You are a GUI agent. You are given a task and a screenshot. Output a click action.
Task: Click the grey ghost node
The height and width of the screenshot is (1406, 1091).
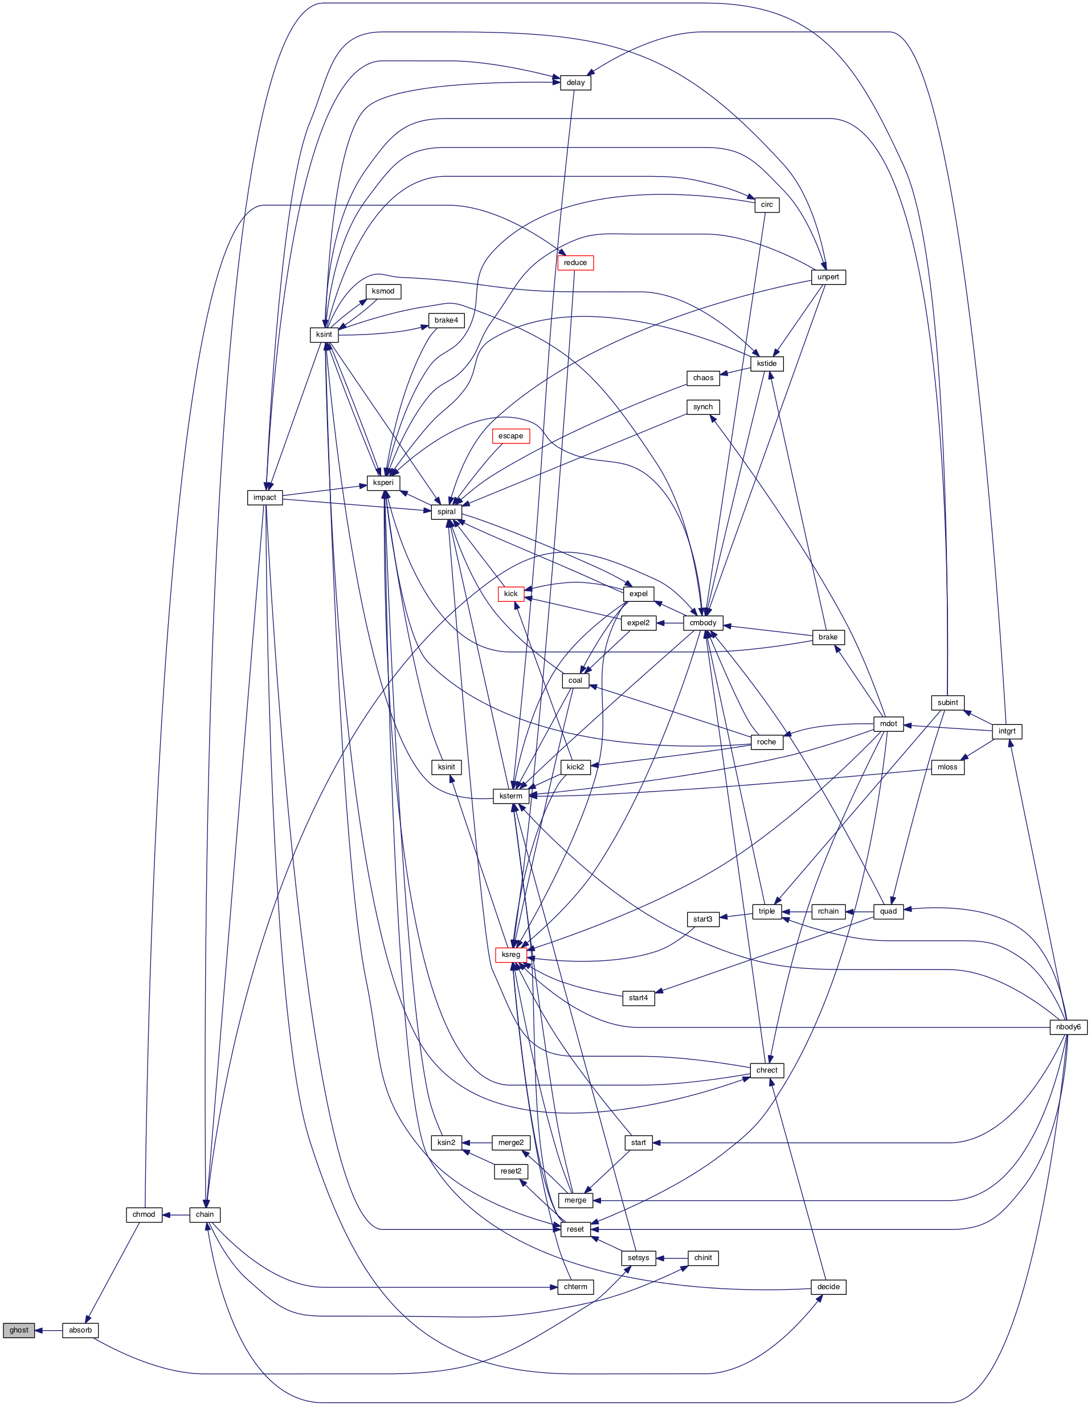coord(19,1330)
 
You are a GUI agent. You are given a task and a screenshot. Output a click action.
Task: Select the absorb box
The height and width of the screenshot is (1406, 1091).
coord(80,1330)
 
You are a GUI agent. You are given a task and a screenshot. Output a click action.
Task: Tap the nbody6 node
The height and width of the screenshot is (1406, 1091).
coord(1068,1027)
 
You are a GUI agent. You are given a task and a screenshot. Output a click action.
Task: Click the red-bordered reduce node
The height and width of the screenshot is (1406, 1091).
coord(575,263)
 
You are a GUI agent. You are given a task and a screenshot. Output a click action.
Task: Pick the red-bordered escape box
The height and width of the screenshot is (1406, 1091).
coord(510,436)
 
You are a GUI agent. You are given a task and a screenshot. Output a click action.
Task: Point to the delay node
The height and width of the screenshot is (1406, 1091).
coord(575,83)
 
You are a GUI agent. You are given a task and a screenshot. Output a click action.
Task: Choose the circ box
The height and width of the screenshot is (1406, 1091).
coord(767,205)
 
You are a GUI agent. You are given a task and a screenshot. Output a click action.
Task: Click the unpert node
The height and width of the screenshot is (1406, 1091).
coord(828,277)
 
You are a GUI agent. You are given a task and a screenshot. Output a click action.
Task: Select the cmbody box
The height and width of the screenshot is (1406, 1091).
coord(703,622)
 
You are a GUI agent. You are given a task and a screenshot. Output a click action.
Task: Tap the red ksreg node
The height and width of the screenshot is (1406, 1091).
coord(511,954)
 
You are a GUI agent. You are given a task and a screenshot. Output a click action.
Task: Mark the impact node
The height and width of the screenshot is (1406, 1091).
coord(264,497)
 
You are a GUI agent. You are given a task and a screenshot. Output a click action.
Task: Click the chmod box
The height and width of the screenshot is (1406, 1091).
coord(144,1214)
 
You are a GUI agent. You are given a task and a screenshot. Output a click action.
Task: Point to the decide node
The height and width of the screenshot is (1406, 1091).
coord(828,1286)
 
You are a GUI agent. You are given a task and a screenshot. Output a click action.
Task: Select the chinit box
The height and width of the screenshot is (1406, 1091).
coord(703,1257)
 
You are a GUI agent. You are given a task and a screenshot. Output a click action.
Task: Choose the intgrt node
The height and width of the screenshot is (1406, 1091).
coord(1007,731)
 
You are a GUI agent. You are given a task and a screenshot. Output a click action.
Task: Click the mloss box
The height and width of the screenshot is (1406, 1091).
coord(947,767)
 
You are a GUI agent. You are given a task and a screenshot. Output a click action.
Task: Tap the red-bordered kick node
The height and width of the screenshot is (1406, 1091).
coord(511,593)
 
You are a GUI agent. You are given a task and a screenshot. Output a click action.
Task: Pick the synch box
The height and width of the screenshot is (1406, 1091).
coord(703,407)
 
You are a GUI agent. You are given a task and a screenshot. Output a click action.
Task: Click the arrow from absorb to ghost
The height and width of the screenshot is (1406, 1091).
coord(48,1330)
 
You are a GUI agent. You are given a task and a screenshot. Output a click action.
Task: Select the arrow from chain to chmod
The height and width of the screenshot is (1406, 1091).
coord(175,1214)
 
